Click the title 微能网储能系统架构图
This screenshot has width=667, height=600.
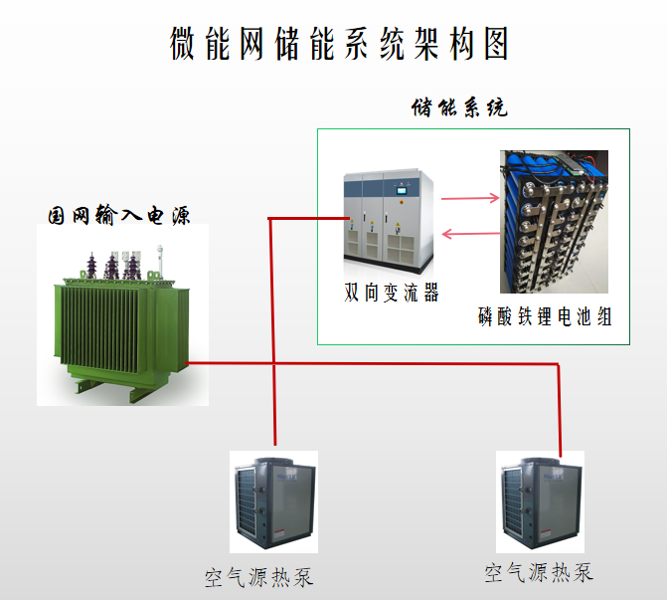tap(339, 43)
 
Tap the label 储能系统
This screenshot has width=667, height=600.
tap(459, 107)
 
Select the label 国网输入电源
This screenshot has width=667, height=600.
tap(119, 215)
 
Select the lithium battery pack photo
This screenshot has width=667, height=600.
tap(554, 224)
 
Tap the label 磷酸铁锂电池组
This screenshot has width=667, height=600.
tap(545, 317)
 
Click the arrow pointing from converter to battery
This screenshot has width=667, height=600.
tap(469, 198)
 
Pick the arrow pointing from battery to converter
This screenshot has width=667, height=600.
tap(469, 235)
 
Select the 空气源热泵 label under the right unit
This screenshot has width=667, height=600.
tap(539, 572)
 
